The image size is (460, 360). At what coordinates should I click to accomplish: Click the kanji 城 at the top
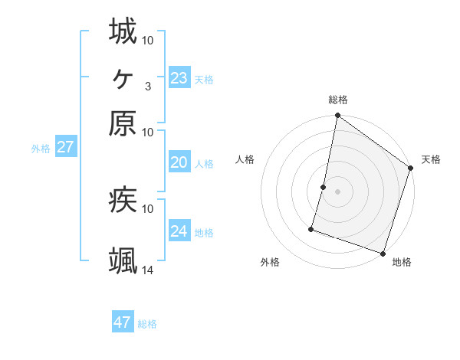pyautogui.click(x=123, y=32)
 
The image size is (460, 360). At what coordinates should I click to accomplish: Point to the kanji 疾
pyautogui.click(x=123, y=200)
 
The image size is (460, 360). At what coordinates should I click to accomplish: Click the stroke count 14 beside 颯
pyautogui.click(x=148, y=269)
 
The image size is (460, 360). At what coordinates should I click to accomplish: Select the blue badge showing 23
pyautogui.click(x=179, y=77)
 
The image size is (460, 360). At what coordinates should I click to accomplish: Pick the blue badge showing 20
pyautogui.click(x=179, y=162)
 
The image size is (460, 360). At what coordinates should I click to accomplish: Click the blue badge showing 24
pyautogui.click(x=179, y=231)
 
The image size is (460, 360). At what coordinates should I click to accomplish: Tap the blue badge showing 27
pyautogui.click(x=65, y=147)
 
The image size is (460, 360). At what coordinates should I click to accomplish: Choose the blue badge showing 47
pyautogui.click(x=122, y=322)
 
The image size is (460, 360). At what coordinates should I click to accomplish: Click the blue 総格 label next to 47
pyautogui.click(x=147, y=324)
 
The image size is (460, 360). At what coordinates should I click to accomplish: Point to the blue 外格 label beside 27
pyautogui.click(x=41, y=149)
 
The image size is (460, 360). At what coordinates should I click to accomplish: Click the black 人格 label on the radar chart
pyautogui.click(x=245, y=159)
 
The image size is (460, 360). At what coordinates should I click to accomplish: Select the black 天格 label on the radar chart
pyautogui.click(x=431, y=159)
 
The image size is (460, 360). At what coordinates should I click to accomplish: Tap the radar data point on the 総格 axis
pyautogui.click(x=337, y=116)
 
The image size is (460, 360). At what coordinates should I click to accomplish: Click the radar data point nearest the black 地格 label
pyautogui.click(x=383, y=253)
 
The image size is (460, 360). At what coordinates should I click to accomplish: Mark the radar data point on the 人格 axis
pyautogui.click(x=324, y=186)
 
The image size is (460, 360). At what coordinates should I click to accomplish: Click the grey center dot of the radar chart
pyautogui.click(x=337, y=191)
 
